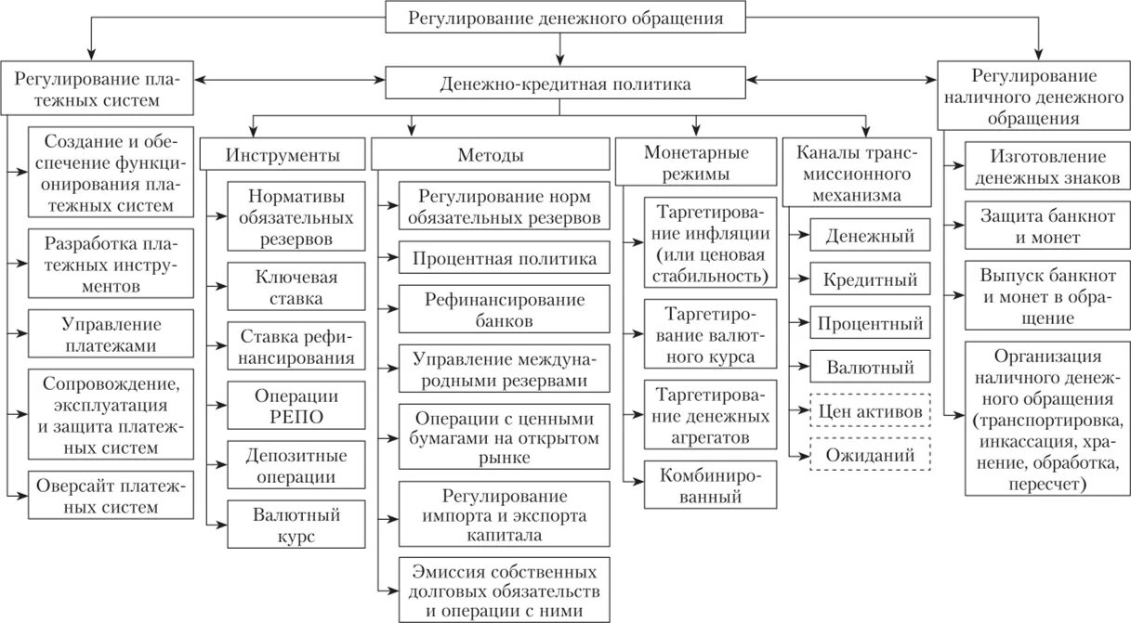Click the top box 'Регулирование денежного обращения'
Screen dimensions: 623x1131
(565, 18)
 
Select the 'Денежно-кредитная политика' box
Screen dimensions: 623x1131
(565, 84)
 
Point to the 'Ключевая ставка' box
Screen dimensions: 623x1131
(291, 288)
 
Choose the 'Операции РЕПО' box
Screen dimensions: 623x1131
(291, 405)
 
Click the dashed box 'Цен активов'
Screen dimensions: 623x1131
(871, 410)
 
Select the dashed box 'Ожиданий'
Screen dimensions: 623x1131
(871, 455)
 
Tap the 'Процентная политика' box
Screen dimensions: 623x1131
(506, 259)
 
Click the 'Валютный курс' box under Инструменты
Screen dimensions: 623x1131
(291, 525)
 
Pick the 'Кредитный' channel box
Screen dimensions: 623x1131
(871, 279)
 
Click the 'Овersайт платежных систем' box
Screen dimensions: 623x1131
(111, 496)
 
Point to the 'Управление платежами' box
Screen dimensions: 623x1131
(111, 335)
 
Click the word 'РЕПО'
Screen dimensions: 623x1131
(291, 416)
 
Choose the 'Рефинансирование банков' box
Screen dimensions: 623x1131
(506, 311)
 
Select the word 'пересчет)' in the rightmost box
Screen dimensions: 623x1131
(1048, 484)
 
